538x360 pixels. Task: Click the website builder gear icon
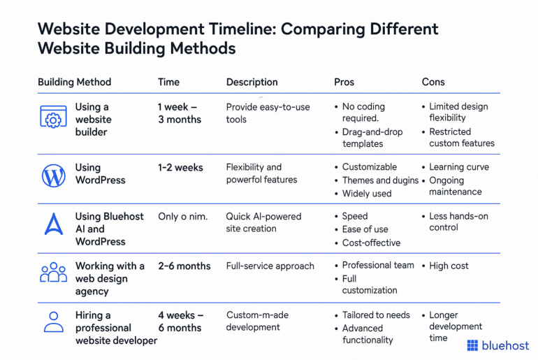pos(53,119)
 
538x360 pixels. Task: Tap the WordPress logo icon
pos(53,175)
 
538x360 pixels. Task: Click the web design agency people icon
pos(53,273)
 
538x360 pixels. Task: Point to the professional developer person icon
pos(53,322)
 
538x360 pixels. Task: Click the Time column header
pos(168,82)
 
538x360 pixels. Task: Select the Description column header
pos(252,82)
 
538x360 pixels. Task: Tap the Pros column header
pos(344,82)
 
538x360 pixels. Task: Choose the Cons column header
pos(433,82)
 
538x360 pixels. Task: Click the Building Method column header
pos(74,82)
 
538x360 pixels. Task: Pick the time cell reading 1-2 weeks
pos(180,168)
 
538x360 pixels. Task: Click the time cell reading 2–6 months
pos(184,266)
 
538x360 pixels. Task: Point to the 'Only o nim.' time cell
pos(182,217)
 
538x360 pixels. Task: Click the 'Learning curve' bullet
pos(458,168)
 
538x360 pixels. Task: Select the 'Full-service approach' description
pos(270,266)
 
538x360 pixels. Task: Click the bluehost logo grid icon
pos(472,345)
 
